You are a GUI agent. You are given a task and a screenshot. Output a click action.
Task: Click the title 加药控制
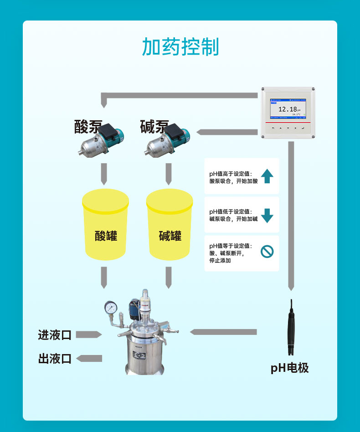pos(180,47)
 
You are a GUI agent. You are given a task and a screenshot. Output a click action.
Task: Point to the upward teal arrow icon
pos(267,176)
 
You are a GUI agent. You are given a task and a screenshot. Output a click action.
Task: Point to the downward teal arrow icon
pos(267,215)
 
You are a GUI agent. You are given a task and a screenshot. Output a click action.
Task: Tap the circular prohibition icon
pos(267,251)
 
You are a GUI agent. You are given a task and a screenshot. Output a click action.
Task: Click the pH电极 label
pos(289,368)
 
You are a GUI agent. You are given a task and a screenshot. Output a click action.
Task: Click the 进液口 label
pos(55,335)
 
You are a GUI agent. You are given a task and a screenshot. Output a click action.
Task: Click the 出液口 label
pos(55,359)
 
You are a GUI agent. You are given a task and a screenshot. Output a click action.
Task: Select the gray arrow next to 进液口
pos(88,335)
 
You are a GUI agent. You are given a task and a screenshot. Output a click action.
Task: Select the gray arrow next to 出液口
pos(89,358)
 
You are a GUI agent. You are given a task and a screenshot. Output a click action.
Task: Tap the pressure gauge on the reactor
pos(110,307)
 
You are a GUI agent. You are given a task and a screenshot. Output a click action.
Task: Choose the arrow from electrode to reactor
pos(223,332)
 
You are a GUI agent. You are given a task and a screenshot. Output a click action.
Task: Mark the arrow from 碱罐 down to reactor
pos(169,277)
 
